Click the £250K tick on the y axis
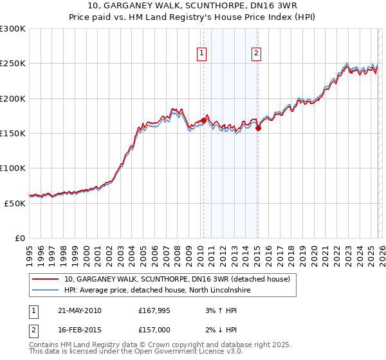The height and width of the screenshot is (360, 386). pyautogui.click(x=13, y=64)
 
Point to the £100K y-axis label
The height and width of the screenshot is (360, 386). pyautogui.click(x=13, y=168)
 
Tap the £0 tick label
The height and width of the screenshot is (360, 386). pyautogui.click(x=20, y=238)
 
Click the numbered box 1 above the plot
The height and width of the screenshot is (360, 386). pyautogui.click(x=203, y=53)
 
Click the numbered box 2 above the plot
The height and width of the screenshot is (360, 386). pyautogui.click(x=257, y=53)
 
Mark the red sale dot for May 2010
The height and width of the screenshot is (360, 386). pyautogui.click(x=204, y=120)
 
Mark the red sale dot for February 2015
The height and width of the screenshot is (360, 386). pyautogui.click(x=258, y=128)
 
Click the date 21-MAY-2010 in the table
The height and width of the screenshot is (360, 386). pyautogui.click(x=79, y=310)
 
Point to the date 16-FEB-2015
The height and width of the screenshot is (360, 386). pyautogui.click(x=79, y=330)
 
